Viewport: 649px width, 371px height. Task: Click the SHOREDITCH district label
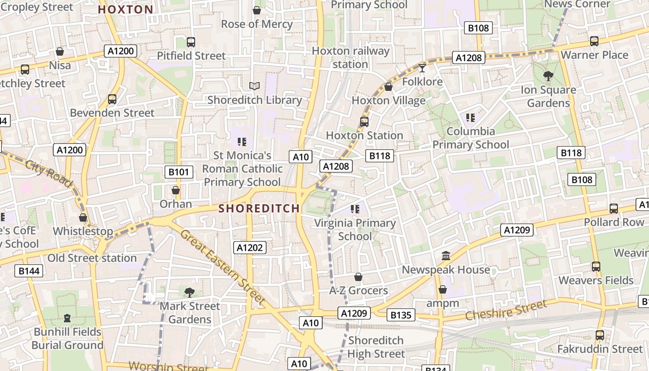pyautogui.click(x=259, y=208)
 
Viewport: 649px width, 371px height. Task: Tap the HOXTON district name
pyautogui.click(x=126, y=10)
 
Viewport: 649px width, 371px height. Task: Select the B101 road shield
pyautogui.click(x=178, y=173)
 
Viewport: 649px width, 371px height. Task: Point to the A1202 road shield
pyautogui.click(x=250, y=248)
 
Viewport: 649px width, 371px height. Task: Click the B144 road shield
pyautogui.click(x=29, y=271)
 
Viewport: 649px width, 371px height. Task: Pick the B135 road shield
pyautogui.click(x=401, y=315)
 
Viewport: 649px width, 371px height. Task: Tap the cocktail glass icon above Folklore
pyautogui.click(x=422, y=69)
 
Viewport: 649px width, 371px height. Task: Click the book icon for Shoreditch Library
pyautogui.click(x=255, y=86)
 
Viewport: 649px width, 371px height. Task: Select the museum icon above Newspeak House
pyautogui.click(x=446, y=256)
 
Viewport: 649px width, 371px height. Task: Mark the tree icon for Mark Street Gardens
pyautogui.click(x=189, y=292)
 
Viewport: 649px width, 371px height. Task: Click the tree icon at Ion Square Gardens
pyautogui.click(x=548, y=76)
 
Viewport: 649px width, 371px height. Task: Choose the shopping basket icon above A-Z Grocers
pyautogui.click(x=358, y=277)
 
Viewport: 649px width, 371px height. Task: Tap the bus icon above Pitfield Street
pyautogui.click(x=191, y=42)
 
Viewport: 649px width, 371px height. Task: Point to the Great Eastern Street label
pyautogui.click(x=223, y=267)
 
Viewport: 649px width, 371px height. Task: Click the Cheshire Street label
pyautogui.click(x=506, y=310)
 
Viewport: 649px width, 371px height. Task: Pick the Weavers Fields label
pyautogui.click(x=596, y=280)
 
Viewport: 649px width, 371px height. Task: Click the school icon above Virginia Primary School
pyautogui.click(x=355, y=209)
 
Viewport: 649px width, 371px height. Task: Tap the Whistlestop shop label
pyautogui.click(x=83, y=231)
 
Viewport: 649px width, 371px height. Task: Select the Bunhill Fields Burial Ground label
pyautogui.click(x=67, y=339)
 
